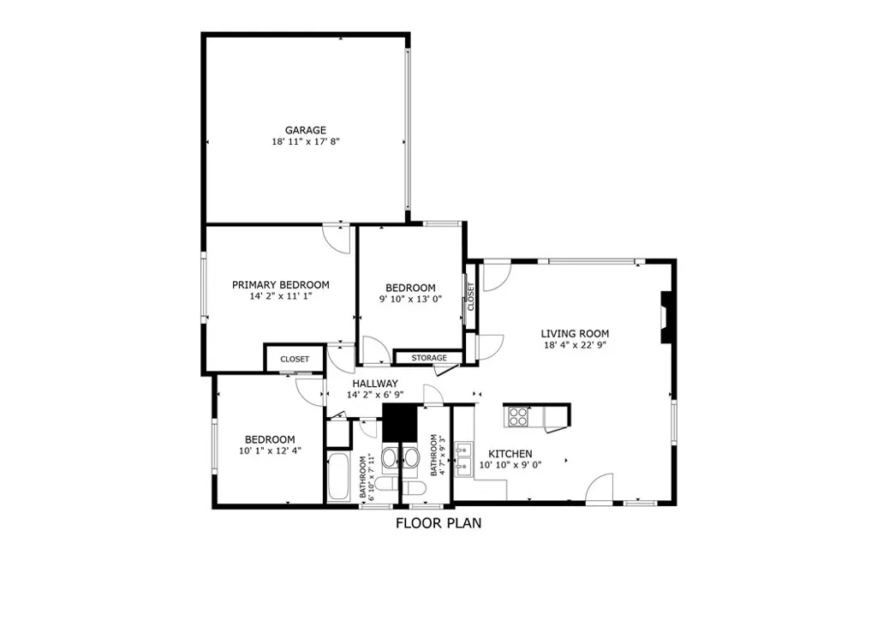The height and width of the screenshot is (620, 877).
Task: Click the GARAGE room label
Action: coord(306,130)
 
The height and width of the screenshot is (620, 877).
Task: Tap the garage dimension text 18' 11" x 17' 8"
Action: coord(306,142)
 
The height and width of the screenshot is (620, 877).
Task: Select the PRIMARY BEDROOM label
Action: coord(281,285)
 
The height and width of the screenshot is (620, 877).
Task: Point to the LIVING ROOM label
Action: coord(575,334)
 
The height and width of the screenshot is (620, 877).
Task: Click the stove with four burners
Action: coord(519,416)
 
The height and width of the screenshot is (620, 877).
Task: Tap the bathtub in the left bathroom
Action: coord(337,478)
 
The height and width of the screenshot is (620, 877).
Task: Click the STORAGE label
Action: coord(429,358)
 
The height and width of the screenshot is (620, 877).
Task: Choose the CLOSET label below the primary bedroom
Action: coord(295,360)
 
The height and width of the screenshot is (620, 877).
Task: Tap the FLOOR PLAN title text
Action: coord(438,523)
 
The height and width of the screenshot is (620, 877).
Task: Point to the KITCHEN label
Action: coord(510,454)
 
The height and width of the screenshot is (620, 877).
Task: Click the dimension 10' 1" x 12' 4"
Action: coord(270,450)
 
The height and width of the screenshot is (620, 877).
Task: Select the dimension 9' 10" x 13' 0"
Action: coord(410,300)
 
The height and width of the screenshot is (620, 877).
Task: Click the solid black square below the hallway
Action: coord(398,422)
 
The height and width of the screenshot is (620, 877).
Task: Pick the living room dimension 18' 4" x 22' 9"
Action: coord(575,346)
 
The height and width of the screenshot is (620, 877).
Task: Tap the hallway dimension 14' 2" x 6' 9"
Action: coord(374,396)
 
